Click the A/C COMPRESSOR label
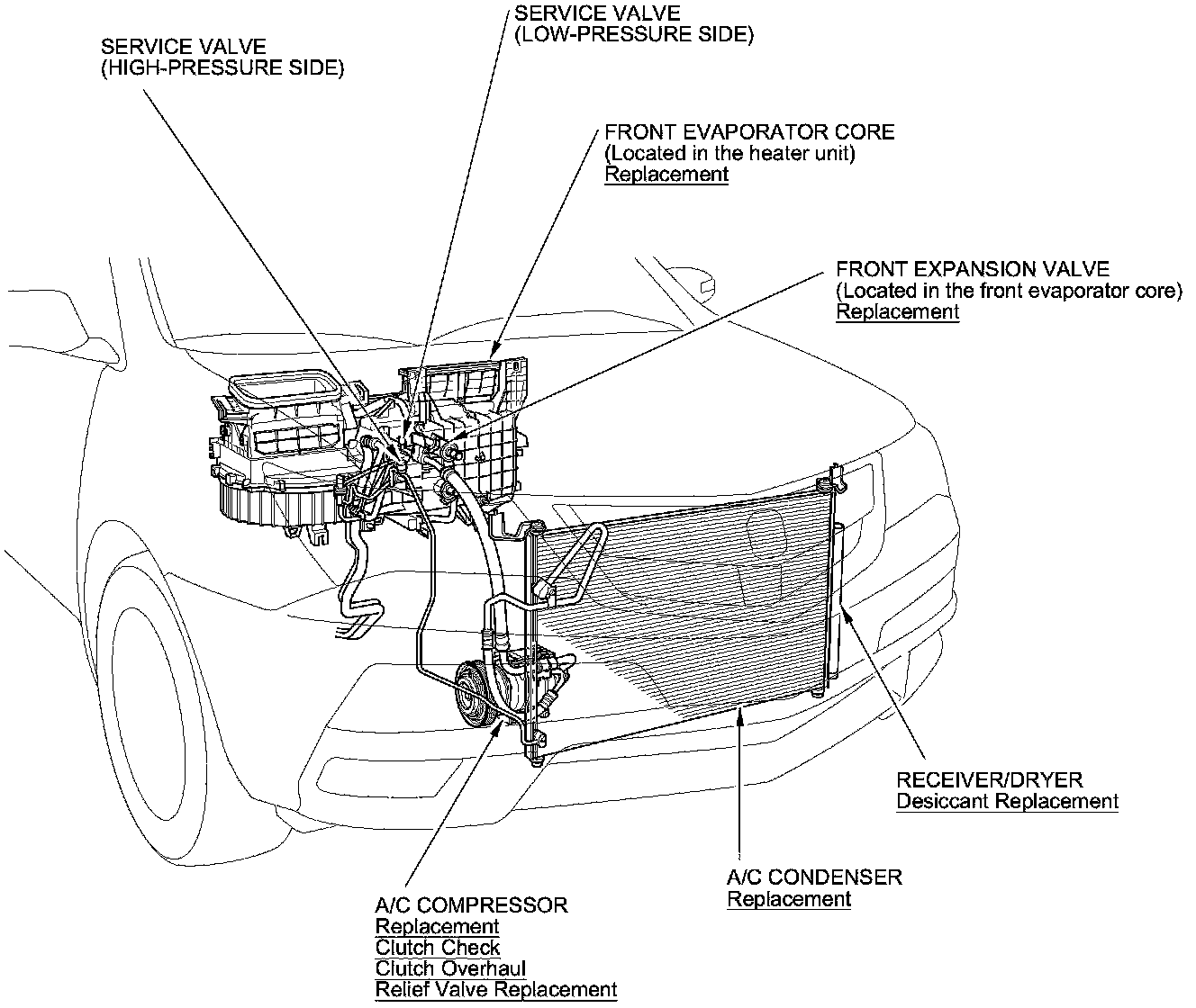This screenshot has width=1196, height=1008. click(471, 904)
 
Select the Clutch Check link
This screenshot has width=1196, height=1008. click(437, 948)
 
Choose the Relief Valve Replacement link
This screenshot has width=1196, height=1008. click(496, 990)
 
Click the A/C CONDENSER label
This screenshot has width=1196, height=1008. click(814, 877)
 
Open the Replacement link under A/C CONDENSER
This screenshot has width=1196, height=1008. click(789, 898)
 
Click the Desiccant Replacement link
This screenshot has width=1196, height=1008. click(1007, 801)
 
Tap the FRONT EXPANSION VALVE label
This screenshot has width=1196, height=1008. click(973, 268)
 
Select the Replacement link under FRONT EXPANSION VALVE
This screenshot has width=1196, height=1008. click(898, 311)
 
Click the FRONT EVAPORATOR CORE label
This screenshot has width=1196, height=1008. click(749, 131)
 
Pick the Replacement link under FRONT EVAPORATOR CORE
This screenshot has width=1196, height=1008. click(666, 174)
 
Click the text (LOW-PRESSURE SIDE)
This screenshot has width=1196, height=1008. click(633, 35)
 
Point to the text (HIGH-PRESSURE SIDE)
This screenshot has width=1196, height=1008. click(222, 67)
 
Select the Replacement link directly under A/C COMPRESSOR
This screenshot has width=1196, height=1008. click(437, 926)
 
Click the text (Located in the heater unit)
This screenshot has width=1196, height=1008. click(729, 153)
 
